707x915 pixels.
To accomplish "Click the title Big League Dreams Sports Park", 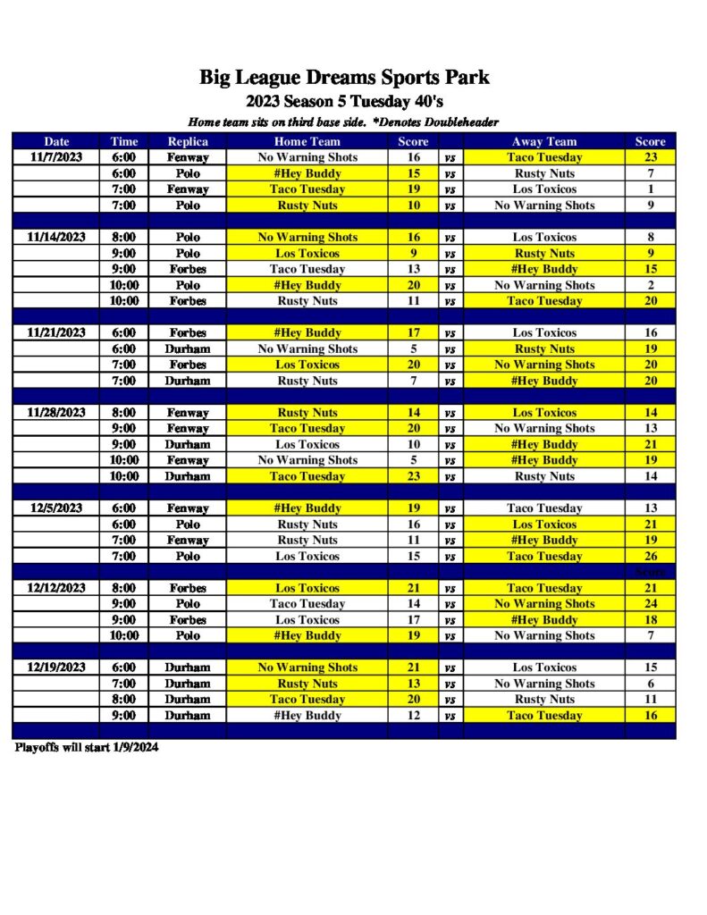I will coord(344,78).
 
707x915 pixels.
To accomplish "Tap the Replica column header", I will coord(188,141).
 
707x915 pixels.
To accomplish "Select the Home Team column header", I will coord(307,141).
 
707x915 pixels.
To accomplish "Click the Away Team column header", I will coord(543,141).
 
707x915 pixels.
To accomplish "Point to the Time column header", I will coord(124,141).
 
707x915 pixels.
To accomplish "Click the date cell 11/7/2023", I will coord(56,157).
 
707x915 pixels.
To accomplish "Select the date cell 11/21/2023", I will coord(56,332).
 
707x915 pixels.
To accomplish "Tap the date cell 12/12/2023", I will coord(56,588).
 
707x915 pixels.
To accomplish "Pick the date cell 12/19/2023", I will coord(56,667).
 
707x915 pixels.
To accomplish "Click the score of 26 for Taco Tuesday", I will coord(650,556).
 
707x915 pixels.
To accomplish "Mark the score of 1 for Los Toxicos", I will coord(650,189).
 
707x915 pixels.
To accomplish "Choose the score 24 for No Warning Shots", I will coord(650,604).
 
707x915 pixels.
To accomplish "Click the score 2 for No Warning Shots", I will coord(650,285).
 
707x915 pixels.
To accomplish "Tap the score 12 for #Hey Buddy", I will coord(413,716).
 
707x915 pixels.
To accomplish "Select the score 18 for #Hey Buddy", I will coord(650,620).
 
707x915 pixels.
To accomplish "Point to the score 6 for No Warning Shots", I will coord(650,684).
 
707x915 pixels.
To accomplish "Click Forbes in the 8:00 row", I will coord(188,588).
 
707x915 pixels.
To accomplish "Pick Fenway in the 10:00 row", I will coord(188,460).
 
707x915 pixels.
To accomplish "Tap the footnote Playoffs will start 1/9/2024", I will coord(86,748).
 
